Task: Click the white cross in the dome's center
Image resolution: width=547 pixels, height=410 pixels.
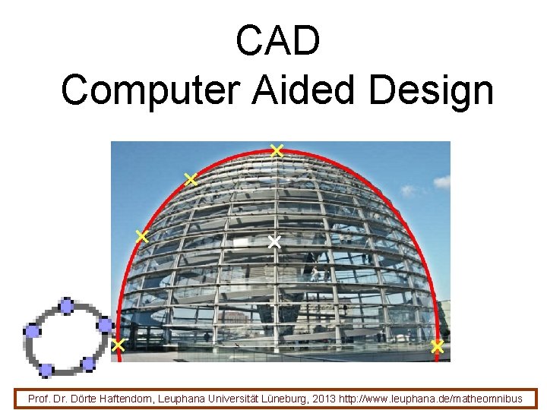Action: click(x=274, y=242)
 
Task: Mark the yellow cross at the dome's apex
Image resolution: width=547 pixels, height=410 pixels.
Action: click(x=277, y=150)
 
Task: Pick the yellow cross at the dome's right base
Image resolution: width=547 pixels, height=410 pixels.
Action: click(x=437, y=347)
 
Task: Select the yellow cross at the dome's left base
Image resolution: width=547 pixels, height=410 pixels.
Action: click(x=118, y=345)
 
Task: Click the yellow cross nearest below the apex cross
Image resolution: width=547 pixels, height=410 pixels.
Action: click(x=190, y=179)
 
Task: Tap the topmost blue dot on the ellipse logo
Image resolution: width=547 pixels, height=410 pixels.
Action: click(x=66, y=307)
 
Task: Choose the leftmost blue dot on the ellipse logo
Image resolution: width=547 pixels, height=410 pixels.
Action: click(x=32, y=330)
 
